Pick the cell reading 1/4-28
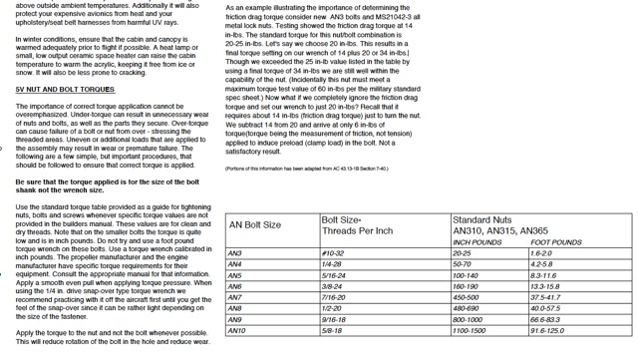tap(332, 264)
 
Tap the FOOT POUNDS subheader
tap(556, 241)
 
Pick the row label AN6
tap(236, 286)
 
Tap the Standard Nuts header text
tap(482, 218)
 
